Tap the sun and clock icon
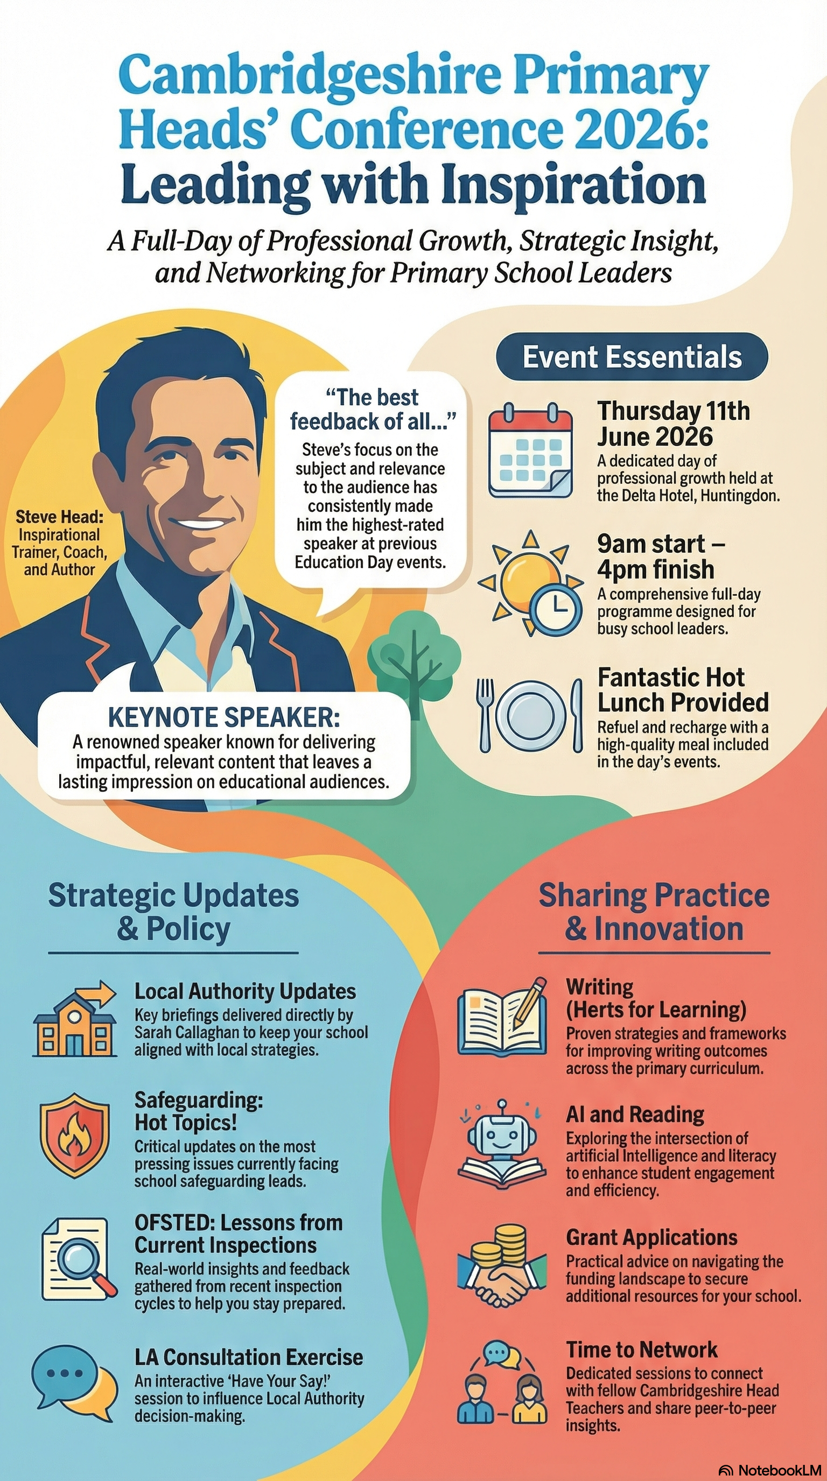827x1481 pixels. [531, 583]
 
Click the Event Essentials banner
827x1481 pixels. [632, 356]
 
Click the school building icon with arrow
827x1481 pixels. [75, 1018]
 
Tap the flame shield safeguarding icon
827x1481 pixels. [74, 1136]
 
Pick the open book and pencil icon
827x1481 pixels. [502, 1018]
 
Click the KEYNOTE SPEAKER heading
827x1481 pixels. [224, 717]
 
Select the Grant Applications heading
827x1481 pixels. [651, 1238]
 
